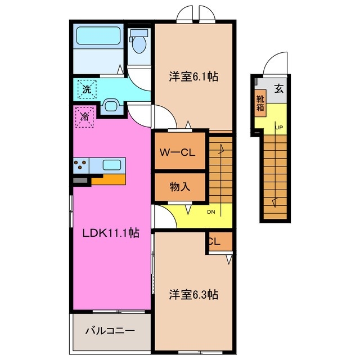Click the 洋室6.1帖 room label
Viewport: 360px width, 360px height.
pos(193,78)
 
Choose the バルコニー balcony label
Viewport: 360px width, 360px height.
pos(110,331)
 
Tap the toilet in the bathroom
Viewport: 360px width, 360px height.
pos(138,43)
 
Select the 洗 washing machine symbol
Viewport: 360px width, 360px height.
pos(87,89)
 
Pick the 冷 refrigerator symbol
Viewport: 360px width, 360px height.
pos(84,118)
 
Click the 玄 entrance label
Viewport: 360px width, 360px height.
pos(278,88)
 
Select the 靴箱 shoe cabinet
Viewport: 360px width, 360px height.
pos(260,103)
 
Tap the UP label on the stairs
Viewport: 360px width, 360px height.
pos(278,127)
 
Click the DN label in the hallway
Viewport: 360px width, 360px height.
pos(211,212)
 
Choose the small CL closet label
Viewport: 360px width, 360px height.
pos(214,242)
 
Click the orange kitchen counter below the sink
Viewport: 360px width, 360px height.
pos(107,179)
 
